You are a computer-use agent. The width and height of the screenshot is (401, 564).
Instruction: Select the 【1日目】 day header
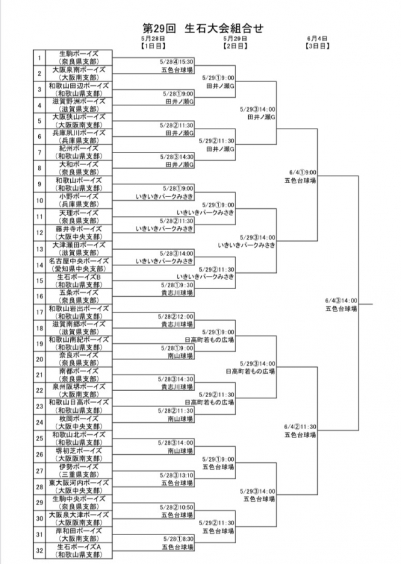pos(153,46)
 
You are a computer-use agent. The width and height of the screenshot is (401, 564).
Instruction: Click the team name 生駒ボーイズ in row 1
pos(78,54)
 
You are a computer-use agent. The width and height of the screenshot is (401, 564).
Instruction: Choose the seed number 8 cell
pos(39,168)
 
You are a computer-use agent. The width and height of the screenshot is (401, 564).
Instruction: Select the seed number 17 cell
pos(39,312)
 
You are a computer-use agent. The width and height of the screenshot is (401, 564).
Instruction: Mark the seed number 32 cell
pos(39,550)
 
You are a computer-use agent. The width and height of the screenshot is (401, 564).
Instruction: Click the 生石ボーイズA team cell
pos(78,546)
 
